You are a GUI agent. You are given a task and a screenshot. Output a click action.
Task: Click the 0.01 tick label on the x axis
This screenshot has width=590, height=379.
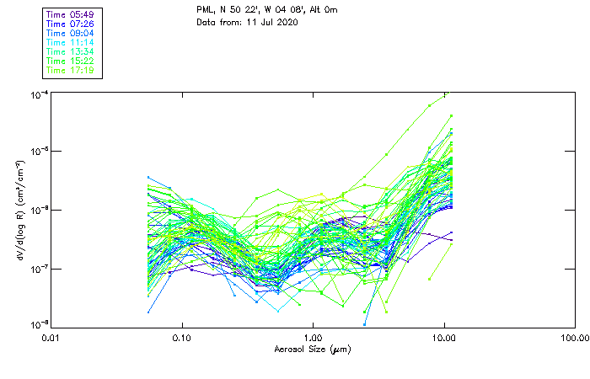click(x=51, y=338)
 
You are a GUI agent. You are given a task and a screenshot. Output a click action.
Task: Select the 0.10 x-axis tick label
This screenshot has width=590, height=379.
click(x=182, y=338)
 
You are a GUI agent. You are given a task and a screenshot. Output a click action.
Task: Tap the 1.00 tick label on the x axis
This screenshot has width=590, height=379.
click(x=313, y=338)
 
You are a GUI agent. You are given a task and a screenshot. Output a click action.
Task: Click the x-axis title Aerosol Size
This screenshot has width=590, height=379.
click(x=313, y=349)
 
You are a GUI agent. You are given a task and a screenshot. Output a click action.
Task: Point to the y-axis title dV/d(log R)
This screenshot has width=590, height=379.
click(x=20, y=209)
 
